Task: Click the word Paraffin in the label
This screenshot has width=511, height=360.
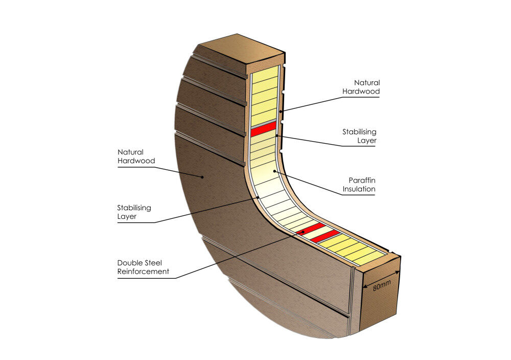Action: click(x=362, y=180)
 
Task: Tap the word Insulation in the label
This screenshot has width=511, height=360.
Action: click(x=360, y=189)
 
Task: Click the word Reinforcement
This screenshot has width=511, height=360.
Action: click(x=143, y=272)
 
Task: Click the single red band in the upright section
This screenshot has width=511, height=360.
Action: click(x=263, y=129)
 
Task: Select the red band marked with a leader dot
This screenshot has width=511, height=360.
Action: click(x=310, y=229)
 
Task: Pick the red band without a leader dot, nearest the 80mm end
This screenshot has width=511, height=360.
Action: click(x=325, y=236)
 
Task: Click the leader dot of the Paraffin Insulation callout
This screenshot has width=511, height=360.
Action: click(x=275, y=171)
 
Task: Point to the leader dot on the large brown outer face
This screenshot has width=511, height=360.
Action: click(x=202, y=177)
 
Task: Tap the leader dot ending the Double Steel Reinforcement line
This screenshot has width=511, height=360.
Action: click(x=303, y=232)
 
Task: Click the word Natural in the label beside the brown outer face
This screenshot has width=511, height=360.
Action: click(x=130, y=152)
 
